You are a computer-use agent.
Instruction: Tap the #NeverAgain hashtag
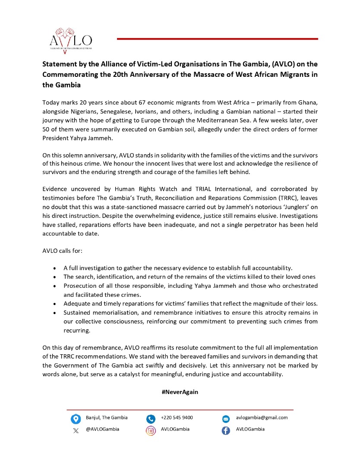[180, 392]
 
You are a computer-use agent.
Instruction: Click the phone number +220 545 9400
[177, 418]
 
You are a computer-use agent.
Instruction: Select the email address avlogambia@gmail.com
[262, 418]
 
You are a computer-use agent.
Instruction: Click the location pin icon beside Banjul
[76, 419]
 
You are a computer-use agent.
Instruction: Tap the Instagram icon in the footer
[151, 430]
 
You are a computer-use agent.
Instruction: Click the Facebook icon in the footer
[226, 430]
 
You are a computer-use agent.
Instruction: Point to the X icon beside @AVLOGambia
[76, 430]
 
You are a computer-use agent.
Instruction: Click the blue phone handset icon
[151, 419]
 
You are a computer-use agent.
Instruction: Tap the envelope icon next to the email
[226, 419]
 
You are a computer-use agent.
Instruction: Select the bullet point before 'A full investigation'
[54, 268]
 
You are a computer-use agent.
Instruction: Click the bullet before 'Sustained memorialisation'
[54, 312]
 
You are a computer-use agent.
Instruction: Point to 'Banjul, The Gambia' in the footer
[107, 418]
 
